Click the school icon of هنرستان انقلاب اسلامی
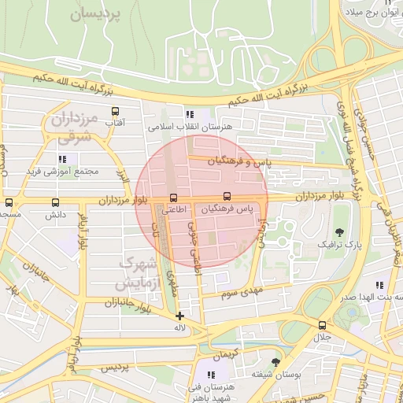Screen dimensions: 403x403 [188, 115]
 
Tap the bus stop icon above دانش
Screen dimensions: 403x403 [54, 202]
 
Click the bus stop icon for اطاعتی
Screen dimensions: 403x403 [173, 198]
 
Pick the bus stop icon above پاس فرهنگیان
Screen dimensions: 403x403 [227, 196]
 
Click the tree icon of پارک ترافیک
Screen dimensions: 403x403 [339, 231]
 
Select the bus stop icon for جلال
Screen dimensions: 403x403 [322, 324]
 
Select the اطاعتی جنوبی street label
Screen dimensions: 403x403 [190, 248]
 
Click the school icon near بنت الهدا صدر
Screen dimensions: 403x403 [379, 285]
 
